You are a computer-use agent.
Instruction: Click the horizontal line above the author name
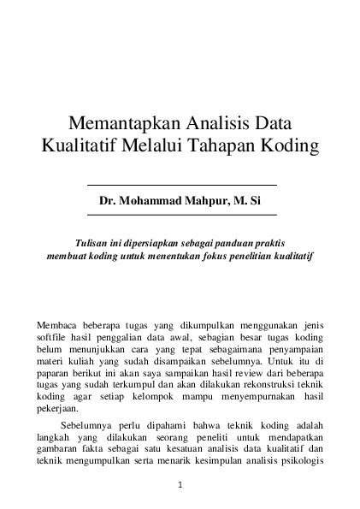182,184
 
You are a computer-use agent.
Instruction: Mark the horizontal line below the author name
182,214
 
